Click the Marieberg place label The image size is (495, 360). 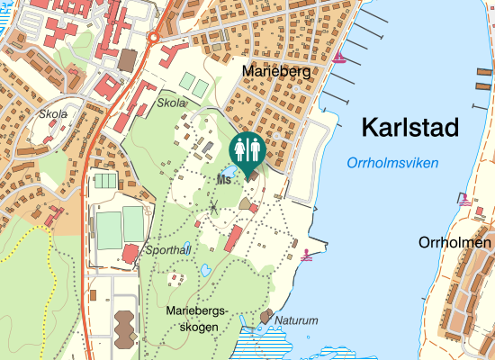click(x=277, y=70)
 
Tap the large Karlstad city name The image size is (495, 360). click(x=409, y=128)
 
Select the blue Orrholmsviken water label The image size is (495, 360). click(x=391, y=164)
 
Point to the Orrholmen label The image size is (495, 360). click(x=454, y=243)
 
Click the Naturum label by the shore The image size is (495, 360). click(x=296, y=319)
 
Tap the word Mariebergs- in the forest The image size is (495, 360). click(x=199, y=310)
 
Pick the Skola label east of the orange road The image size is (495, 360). click(x=171, y=103)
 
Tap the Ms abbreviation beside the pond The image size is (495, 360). click(x=224, y=179)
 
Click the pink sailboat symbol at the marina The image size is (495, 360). click(x=339, y=58)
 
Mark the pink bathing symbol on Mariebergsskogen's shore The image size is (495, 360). click(x=309, y=256)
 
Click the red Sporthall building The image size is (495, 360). click(x=131, y=252)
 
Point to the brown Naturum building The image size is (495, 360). click(x=265, y=317)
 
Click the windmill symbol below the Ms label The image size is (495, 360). click(x=214, y=207)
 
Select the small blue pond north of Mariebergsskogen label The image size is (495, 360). click(x=206, y=269)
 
